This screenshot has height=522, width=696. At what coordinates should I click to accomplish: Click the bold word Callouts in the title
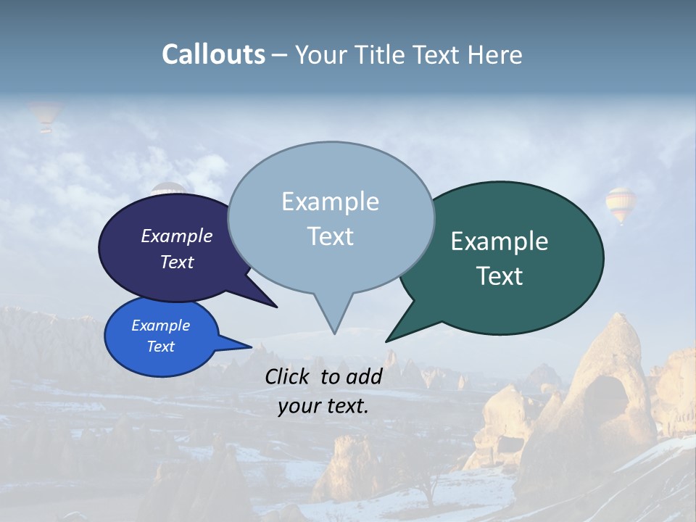click(213, 54)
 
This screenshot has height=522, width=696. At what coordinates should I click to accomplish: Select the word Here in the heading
click(496, 54)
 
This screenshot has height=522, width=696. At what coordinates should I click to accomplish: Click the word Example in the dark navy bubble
click(177, 236)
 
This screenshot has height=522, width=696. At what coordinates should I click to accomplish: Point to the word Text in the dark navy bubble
click(177, 262)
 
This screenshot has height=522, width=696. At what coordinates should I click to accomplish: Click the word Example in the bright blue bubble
click(160, 326)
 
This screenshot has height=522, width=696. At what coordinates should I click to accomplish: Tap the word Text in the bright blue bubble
click(160, 347)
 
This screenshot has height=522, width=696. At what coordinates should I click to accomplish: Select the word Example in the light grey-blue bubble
click(330, 202)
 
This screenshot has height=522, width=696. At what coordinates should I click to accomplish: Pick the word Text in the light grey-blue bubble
click(330, 236)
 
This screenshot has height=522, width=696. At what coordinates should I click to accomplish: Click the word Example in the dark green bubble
click(500, 241)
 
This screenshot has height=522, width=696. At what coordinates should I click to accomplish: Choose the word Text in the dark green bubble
click(500, 276)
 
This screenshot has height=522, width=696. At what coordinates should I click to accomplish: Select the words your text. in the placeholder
click(323, 406)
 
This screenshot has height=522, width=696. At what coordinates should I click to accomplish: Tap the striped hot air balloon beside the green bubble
click(621, 204)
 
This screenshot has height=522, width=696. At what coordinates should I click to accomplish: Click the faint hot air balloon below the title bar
click(45, 116)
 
